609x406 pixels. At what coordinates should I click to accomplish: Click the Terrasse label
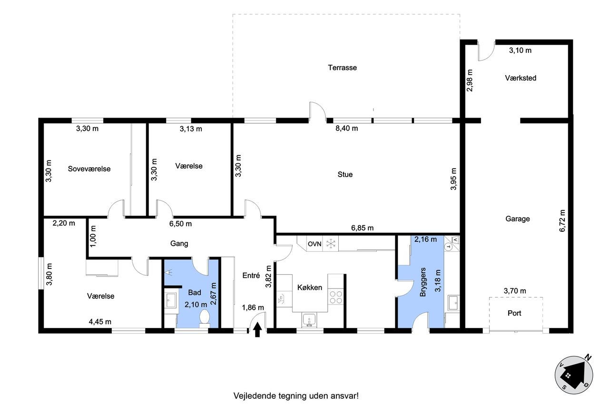point(342,68)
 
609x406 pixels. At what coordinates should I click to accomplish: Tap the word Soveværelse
point(89,169)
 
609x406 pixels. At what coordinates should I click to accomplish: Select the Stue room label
point(345,174)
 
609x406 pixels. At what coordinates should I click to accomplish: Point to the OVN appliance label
point(314,244)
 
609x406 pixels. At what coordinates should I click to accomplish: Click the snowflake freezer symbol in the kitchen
point(331,244)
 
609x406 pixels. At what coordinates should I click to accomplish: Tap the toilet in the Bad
point(205,319)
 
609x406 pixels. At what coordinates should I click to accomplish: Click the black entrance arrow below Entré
point(257,329)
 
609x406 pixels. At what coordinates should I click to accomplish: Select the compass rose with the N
point(574,375)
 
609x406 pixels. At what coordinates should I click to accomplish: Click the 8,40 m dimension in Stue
point(347,129)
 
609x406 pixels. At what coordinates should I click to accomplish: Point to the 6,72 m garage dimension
point(562,220)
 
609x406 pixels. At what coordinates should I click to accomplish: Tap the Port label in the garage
point(514,313)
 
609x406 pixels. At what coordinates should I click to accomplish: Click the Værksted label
point(521,78)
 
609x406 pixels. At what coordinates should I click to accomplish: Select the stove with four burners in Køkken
point(336,297)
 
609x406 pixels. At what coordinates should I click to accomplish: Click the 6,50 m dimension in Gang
point(180,224)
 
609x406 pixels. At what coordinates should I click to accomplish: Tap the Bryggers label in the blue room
point(423,282)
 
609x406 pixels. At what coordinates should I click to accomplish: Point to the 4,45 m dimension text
point(100,322)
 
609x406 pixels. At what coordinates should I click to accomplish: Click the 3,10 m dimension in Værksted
point(521,50)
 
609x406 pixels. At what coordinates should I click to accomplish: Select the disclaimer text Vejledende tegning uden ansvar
point(296,396)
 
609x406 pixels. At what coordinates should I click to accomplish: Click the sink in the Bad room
point(171,300)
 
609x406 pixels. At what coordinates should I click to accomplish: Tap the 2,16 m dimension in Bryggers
point(425,239)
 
